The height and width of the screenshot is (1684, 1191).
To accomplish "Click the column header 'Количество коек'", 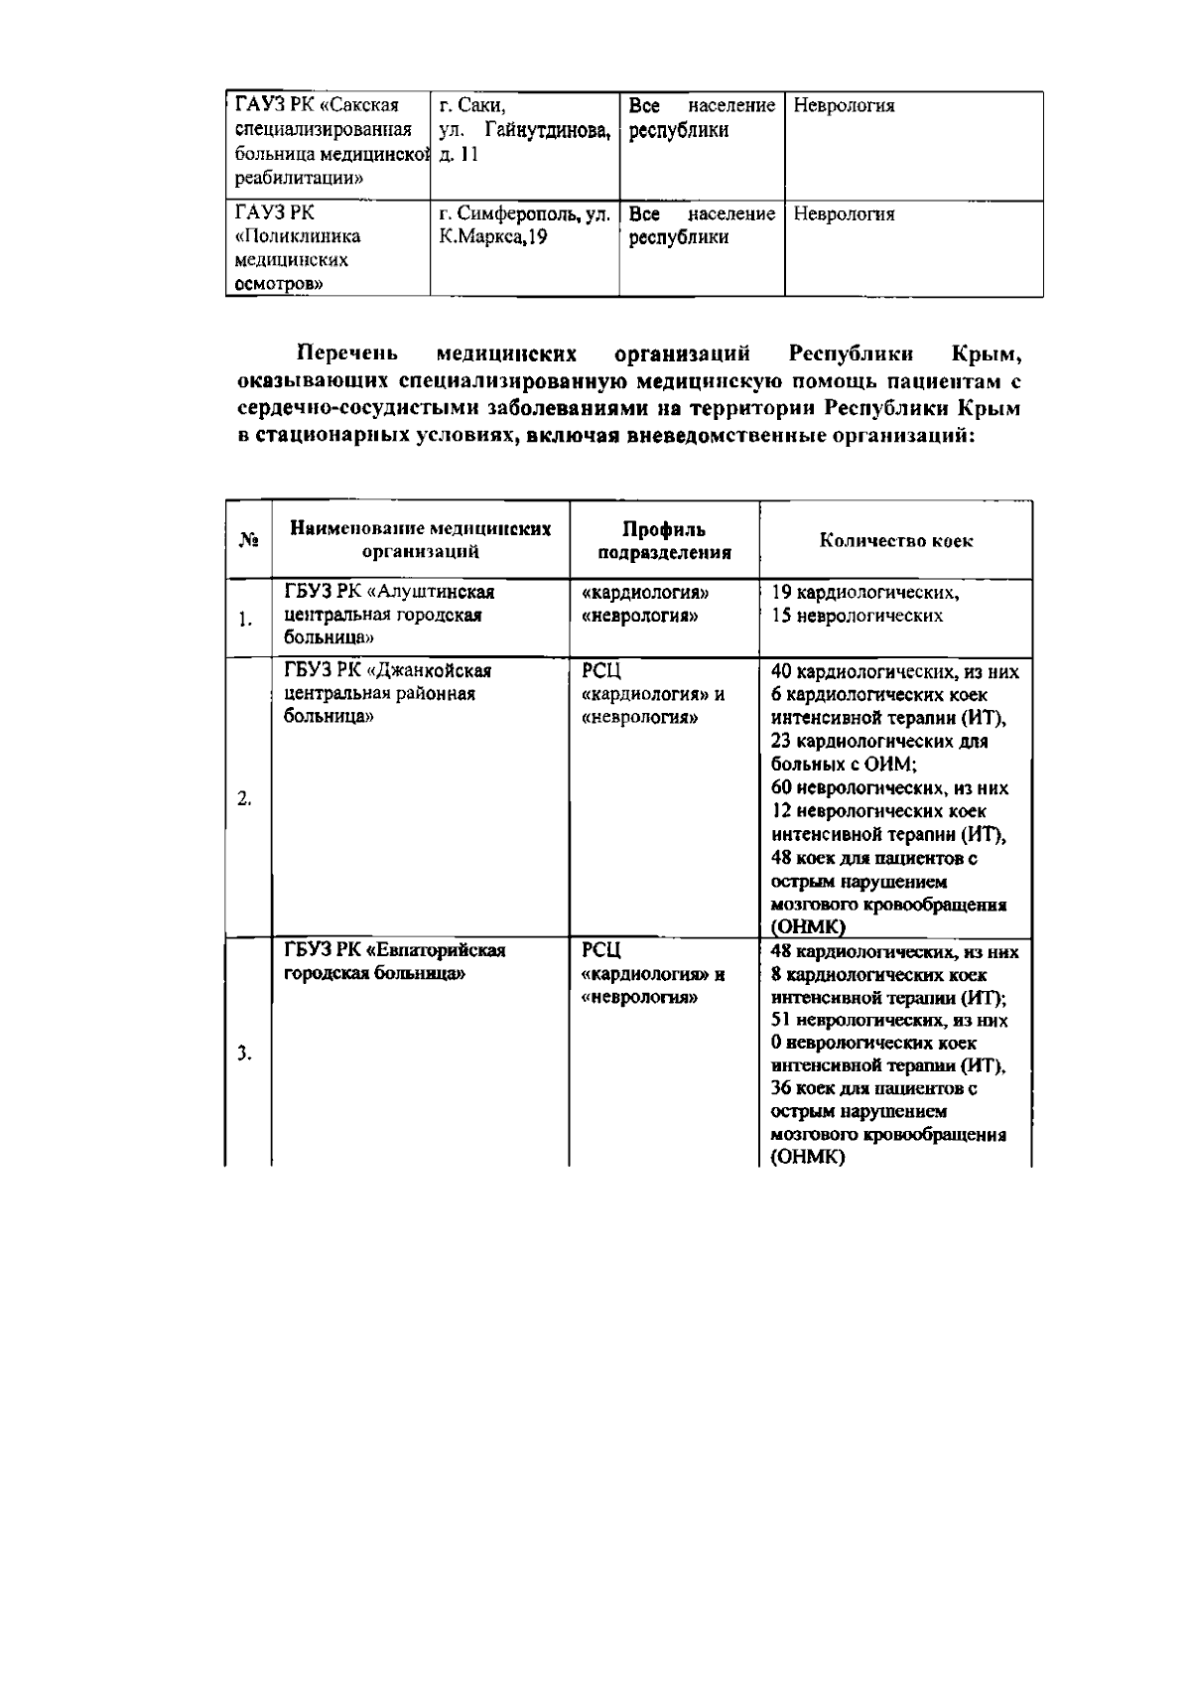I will [895, 541].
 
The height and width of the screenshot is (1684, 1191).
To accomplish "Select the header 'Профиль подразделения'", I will [663, 541].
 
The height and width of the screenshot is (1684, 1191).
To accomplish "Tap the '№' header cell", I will [249, 541].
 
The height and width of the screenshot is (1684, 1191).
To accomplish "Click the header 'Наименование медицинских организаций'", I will [420, 541].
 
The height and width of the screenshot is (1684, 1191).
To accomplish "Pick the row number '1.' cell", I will [245, 621].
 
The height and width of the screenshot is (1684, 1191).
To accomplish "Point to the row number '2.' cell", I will [244, 799].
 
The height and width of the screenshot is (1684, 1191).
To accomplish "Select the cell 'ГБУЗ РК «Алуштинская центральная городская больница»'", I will [389, 615].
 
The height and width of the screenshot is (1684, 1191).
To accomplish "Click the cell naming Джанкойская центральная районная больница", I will [387, 693].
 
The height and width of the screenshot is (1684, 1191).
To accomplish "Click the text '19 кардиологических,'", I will [864, 593].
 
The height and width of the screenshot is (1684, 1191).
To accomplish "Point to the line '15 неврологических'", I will [857, 616].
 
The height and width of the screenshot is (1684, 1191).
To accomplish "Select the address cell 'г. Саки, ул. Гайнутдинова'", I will [523, 130].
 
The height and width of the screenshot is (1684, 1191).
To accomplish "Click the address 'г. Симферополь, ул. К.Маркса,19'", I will [523, 225].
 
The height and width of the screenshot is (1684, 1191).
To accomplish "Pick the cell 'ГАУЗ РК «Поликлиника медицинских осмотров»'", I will [297, 248].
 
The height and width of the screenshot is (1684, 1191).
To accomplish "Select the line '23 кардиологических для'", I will [878, 742].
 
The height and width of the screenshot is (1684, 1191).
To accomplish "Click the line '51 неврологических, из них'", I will [889, 1020].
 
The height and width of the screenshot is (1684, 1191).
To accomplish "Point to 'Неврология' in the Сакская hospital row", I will [844, 106].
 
